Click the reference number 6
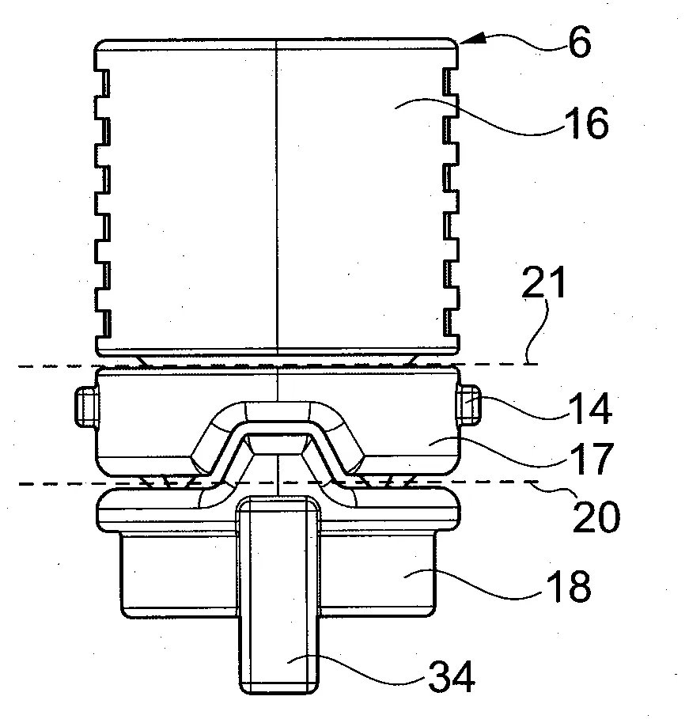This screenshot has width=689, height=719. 579,43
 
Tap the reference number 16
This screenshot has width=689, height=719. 589,123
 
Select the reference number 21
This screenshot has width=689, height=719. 544,283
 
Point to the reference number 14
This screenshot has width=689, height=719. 589,408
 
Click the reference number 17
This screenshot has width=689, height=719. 591,459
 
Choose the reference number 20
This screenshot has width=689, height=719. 596,517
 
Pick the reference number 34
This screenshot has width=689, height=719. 452,677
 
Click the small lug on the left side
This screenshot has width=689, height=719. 86,407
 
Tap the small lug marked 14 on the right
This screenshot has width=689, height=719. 469,404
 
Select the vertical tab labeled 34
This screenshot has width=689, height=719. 278,595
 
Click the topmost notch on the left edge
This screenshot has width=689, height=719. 102,82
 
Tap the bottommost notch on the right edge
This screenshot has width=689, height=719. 452,324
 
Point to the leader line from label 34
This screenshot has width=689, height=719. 358,669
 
